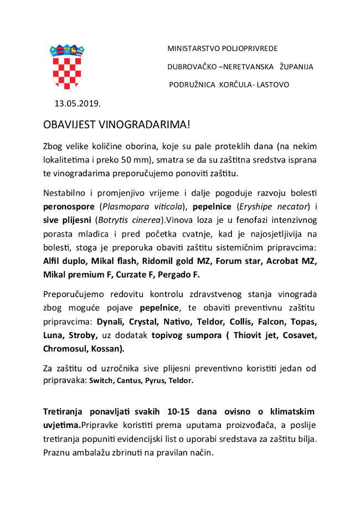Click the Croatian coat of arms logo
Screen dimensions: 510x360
[x=67, y=66]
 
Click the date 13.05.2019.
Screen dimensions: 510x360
[x=78, y=103]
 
